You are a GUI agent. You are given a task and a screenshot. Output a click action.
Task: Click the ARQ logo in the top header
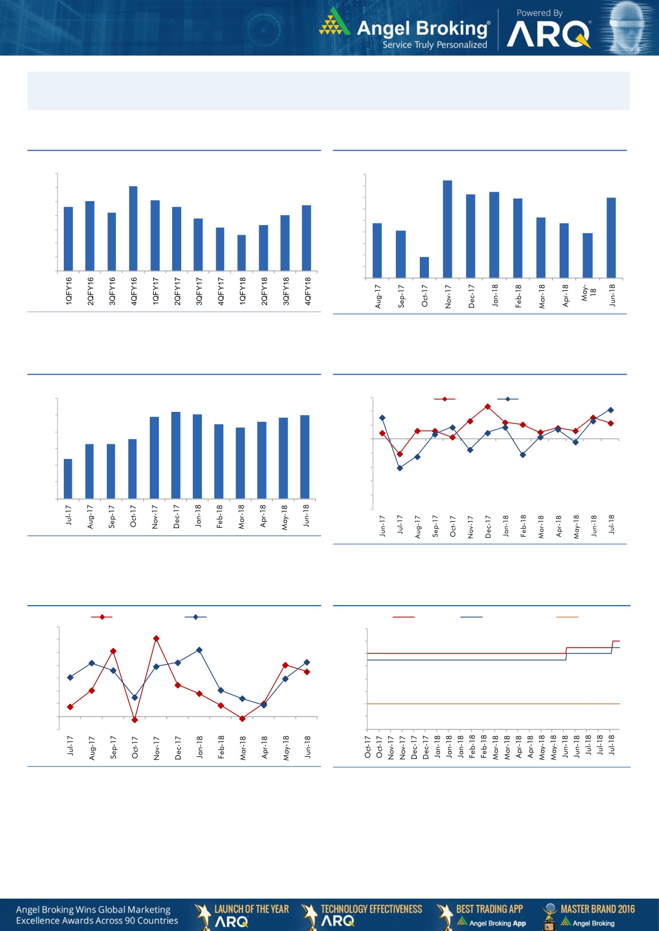coord(548,35)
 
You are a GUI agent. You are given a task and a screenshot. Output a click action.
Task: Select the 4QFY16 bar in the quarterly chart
coord(133,228)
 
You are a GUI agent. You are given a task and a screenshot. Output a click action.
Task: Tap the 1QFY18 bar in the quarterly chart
coord(241,253)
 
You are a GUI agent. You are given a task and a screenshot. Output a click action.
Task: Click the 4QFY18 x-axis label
coord(308,290)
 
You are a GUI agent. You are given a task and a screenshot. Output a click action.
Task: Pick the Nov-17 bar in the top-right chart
coord(447,229)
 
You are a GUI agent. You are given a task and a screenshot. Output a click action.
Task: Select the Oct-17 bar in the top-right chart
coord(424,267)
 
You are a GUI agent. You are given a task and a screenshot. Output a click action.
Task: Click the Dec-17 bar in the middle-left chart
coord(176,455)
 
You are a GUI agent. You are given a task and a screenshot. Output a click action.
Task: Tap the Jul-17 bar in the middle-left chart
coord(68,478)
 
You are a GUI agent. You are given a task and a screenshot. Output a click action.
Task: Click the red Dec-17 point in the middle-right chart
coord(487,407)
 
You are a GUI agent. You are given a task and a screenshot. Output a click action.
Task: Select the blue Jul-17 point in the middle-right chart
coord(400,468)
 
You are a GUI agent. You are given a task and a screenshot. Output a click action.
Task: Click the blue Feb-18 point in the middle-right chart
coord(522,455)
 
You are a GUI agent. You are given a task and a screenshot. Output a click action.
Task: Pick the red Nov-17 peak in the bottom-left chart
coord(156,639)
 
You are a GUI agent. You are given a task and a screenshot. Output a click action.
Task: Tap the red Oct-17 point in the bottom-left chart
coord(134,720)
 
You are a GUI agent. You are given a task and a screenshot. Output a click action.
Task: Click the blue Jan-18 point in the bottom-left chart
coord(199,650)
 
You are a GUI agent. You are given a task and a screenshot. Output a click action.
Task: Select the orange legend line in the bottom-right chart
coord(567,617)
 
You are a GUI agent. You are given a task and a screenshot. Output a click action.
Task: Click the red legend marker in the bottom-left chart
coord(102,617)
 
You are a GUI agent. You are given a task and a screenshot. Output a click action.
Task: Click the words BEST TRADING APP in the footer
coord(489,909)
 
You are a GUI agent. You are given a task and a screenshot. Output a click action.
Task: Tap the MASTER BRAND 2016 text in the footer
coord(597,909)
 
